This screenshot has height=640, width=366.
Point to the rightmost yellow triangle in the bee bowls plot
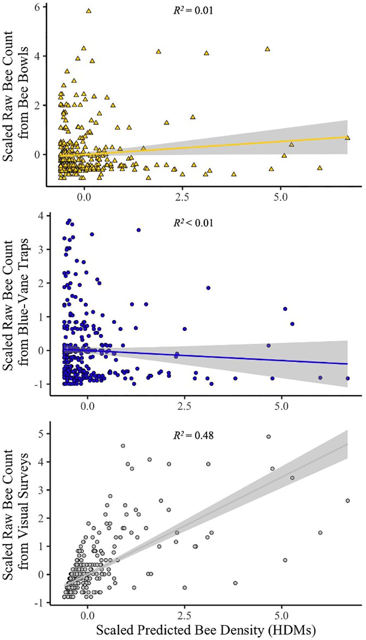[x=347, y=137]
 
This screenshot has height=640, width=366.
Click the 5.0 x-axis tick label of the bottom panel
[x=281, y=609]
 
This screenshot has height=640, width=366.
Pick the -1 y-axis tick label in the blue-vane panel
[x=39, y=384]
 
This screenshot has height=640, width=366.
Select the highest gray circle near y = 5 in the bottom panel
[x=269, y=436]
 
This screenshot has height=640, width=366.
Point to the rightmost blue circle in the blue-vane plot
[x=347, y=378]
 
